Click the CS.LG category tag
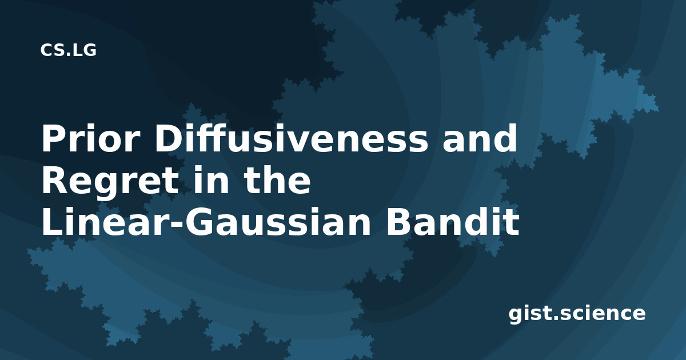68,50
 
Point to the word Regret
110,181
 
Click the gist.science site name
577,314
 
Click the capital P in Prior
53,138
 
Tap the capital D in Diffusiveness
169,138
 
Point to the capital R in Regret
55,180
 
